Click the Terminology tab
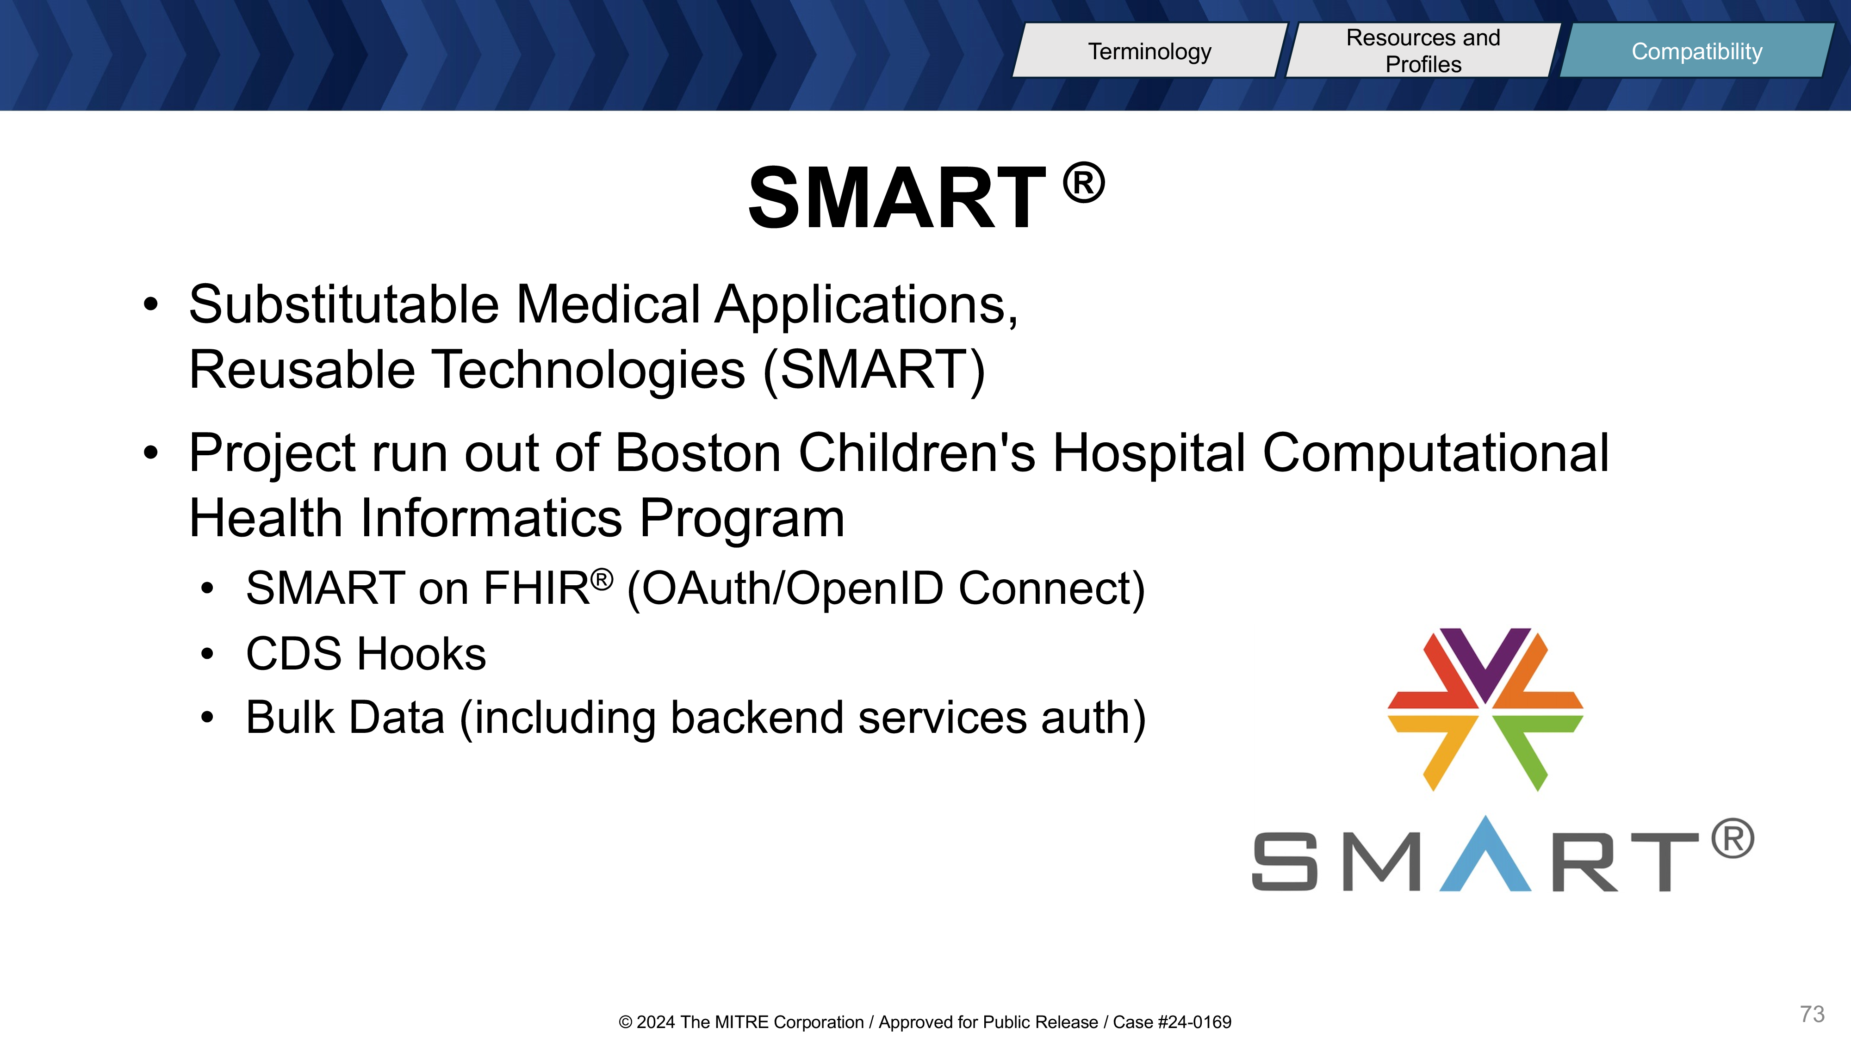(x=1149, y=50)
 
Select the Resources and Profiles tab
(x=1423, y=50)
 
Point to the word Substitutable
(x=343, y=304)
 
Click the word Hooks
(x=422, y=654)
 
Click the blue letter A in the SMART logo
(x=1485, y=855)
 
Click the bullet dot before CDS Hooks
(x=208, y=654)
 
